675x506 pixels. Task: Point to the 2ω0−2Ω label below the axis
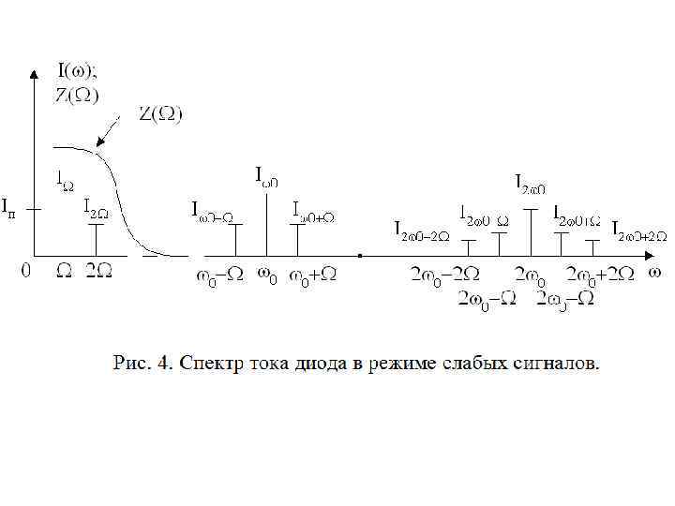pyautogui.click(x=445, y=275)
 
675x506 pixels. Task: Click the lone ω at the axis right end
pyautogui.click(x=653, y=273)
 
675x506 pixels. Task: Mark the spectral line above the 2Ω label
pyautogui.click(x=97, y=239)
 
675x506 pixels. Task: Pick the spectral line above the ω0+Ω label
pyautogui.click(x=297, y=240)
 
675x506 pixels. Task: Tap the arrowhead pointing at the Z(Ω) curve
pyautogui.click(x=100, y=143)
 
